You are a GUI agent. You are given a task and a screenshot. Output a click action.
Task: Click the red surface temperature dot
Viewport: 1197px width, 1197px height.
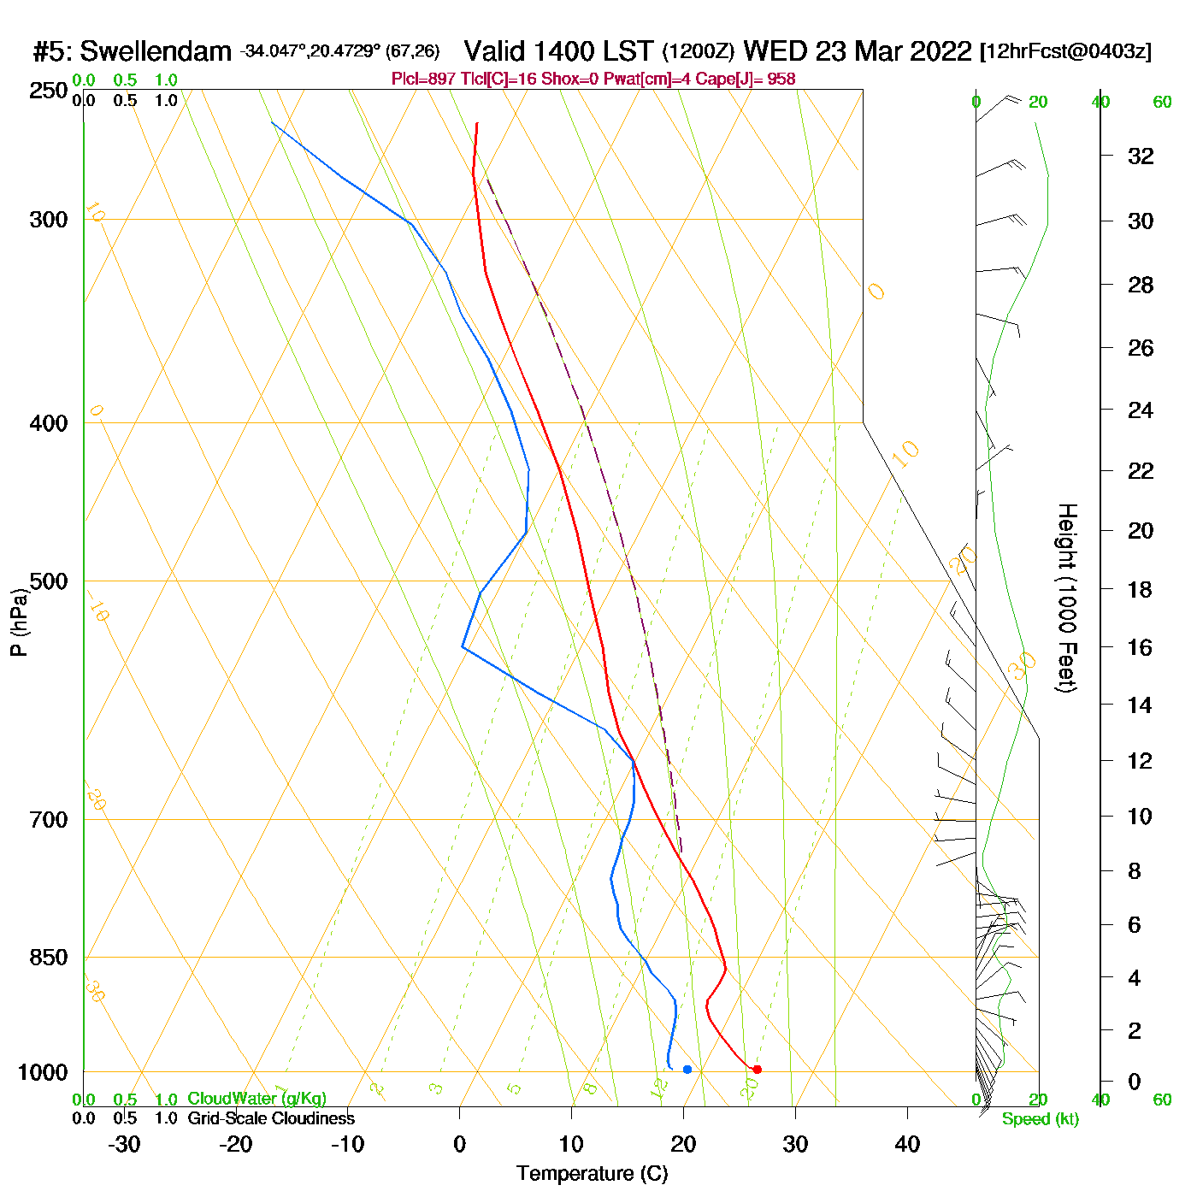point(757,1070)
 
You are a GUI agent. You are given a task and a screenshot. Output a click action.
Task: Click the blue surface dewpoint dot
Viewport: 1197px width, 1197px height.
point(687,1070)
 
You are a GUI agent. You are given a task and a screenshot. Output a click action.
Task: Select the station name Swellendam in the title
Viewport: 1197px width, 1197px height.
point(156,52)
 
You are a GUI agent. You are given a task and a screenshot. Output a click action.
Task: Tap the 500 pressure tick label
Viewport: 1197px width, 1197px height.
point(48,581)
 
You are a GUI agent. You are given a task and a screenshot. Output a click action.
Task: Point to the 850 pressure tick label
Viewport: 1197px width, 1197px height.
point(48,958)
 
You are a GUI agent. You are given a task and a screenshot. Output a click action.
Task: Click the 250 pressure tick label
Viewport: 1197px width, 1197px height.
point(48,91)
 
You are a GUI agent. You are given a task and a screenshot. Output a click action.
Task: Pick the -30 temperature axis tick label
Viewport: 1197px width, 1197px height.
point(124,1144)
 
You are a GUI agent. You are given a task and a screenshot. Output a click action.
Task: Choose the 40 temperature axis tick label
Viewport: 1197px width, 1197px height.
point(907,1144)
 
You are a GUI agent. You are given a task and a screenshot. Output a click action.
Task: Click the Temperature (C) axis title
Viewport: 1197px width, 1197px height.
point(592,1174)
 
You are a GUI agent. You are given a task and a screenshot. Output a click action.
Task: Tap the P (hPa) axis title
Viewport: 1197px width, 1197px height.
point(19,622)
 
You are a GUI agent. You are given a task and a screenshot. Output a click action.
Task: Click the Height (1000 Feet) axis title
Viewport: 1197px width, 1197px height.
point(1067,598)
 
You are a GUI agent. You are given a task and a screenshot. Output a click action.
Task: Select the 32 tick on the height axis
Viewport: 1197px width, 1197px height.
point(1141,156)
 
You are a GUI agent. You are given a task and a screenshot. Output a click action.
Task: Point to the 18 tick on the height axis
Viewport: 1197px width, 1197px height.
point(1141,590)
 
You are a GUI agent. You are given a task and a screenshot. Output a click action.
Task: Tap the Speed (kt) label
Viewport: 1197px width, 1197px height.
point(1040,1119)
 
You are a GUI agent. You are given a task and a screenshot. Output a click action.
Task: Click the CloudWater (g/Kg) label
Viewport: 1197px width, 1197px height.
point(256,1099)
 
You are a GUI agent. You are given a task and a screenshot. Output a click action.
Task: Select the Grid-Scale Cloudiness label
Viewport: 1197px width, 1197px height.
point(271,1118)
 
